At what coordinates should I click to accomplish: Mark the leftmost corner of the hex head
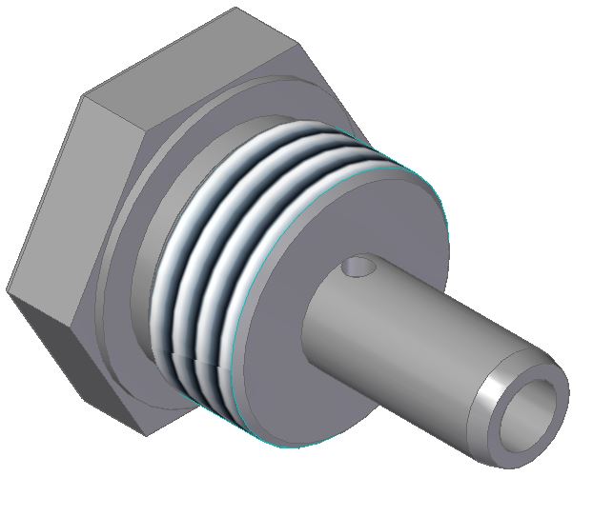point(8,290)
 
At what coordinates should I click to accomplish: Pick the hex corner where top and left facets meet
point(85,94)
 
